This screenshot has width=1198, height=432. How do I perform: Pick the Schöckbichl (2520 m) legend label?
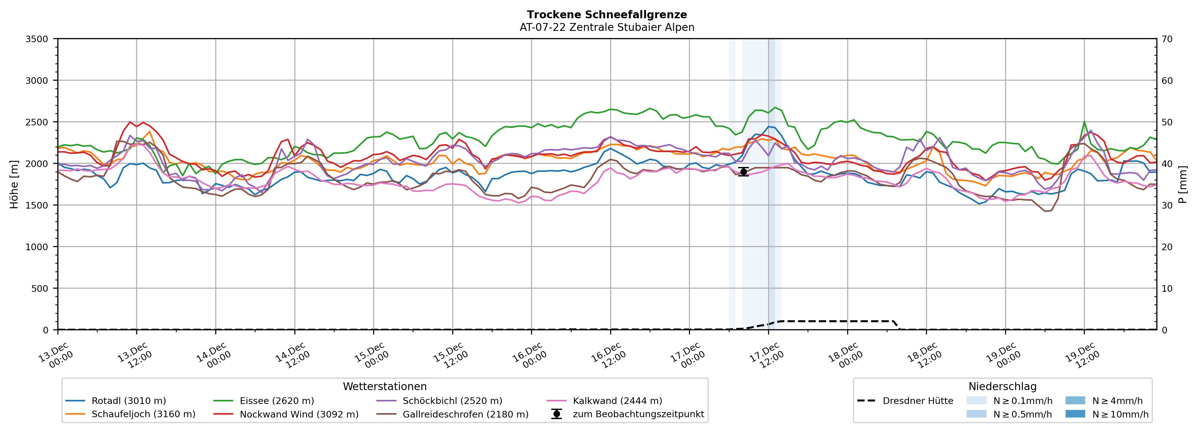pyautogui.click(x=452, y=401)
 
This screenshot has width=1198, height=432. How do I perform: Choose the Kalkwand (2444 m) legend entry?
pyautogui.click(x=617, y=401)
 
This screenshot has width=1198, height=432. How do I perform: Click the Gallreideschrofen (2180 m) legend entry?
pyautogui.click(x=465, y=414)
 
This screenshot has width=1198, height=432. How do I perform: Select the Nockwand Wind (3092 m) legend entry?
pyautogui.click(x=298, y=414)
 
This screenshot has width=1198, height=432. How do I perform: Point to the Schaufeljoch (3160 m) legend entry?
pyautogui.click(x=143, y=414)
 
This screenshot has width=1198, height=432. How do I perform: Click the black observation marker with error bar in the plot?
pyautogui.click(x=743, y=172)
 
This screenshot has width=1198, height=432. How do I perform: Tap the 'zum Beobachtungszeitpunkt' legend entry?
pyautogui.click(x=638, y=414)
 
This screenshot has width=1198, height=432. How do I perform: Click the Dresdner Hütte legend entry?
pyautogui.click(x=917, y=401)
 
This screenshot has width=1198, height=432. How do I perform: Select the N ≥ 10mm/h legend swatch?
pyautogui.click(x=1075, y=414)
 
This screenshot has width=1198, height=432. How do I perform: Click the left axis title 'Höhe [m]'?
pyautogui.click(x=14, y=184)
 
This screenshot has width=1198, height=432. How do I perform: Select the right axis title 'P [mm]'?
pyautogui.click(x=1183, y=184)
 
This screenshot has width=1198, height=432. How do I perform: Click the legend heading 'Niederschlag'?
pyautogui.click(x=1002, y=386)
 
